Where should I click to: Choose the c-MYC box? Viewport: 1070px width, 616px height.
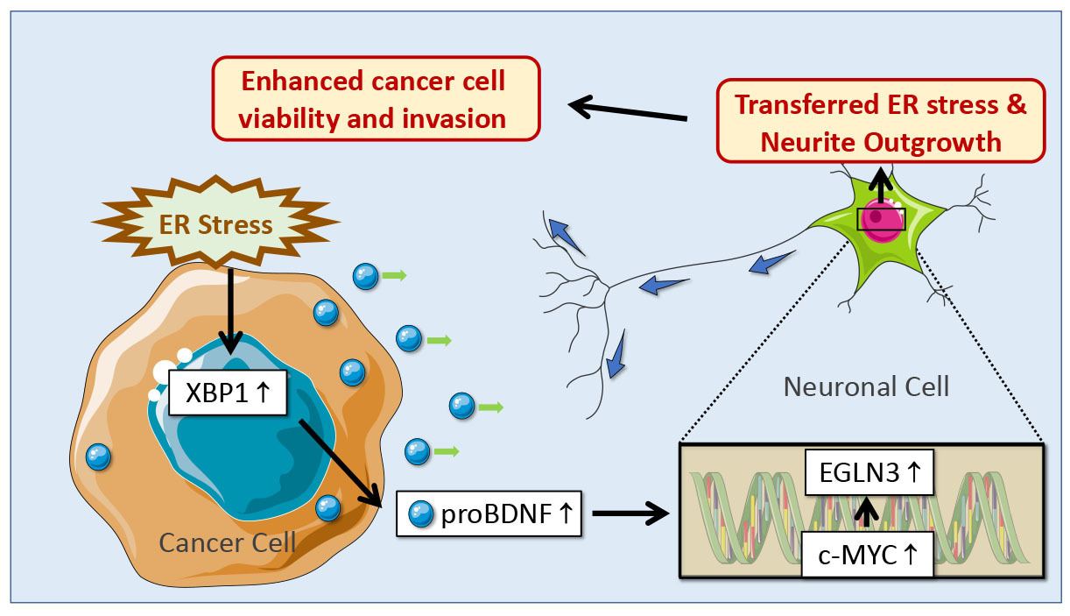pos(868,556)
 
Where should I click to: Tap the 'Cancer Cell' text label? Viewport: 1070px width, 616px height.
pos(228,542)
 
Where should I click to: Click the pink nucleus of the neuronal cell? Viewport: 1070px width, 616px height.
pos(878,218)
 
